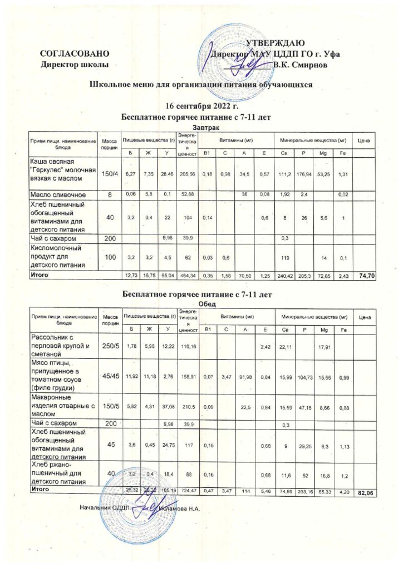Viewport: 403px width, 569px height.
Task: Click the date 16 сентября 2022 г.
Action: click(202, 106)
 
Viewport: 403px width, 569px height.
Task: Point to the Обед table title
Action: click(202, 303)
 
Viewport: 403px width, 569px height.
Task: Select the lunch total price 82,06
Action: click(365, 492)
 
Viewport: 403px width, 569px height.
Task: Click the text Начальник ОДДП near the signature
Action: click(105, 508)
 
